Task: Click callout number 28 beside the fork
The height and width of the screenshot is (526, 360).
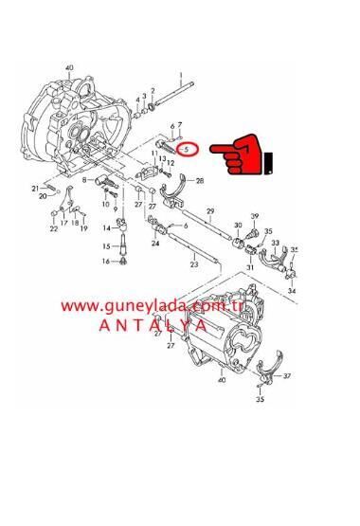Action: (x=200, y=180)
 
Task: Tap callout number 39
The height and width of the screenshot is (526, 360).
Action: (x=255, y=216)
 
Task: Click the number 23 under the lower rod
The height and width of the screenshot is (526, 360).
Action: (x=193, y=265)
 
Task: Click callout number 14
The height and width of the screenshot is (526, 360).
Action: (x=106, y=226)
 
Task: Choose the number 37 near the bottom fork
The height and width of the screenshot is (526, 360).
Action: (x=288, y=375)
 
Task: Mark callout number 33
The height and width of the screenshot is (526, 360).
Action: (x=276, y=244)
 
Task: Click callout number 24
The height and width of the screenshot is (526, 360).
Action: (x=155, y=244)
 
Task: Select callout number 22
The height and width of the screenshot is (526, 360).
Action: (x=53, y=228)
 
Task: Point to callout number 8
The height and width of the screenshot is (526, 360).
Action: (x=84, y=177)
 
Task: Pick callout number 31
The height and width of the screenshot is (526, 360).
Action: (x=251, y=267)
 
